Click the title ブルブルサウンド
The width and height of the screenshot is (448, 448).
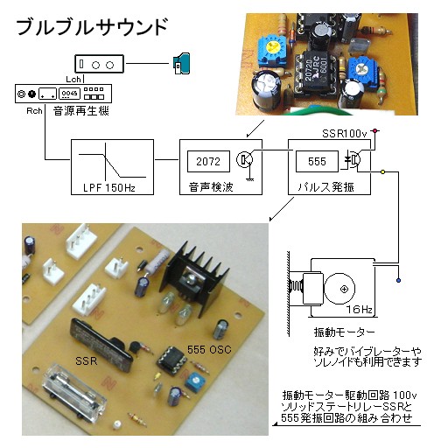coord(92,27)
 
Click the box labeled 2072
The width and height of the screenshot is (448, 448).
coord(208,161)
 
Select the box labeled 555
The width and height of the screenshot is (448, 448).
coord(317,161)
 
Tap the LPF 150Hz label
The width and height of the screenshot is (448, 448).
coord(109,187)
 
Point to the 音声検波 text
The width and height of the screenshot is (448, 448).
coord(211,187)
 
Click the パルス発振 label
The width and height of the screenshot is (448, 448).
coord(326,187)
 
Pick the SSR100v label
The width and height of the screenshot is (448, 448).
coord(344,134)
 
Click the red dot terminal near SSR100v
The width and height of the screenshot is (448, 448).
coord(375,131)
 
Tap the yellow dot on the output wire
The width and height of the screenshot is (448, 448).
coord(383,172)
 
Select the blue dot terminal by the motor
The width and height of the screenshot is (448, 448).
coord(399,281)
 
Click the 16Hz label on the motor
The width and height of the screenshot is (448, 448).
coord(359,309)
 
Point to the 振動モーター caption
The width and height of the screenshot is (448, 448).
coord(344,332)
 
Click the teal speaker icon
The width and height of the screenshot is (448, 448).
coord(181,64)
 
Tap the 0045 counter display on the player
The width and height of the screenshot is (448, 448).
coord(70,94)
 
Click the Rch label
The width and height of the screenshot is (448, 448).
coord(34,111)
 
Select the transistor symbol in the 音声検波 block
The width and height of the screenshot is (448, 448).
coord(244,159)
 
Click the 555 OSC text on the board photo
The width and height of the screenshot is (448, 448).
coord(209,349)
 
